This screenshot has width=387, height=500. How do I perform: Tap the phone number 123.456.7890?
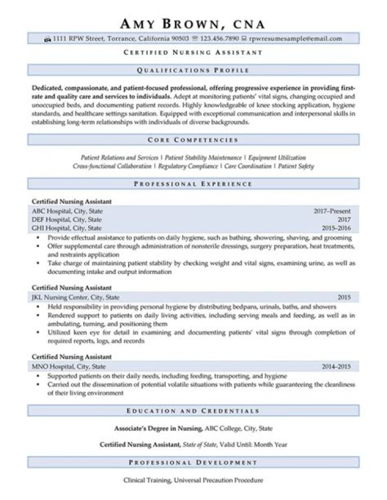[219, 39]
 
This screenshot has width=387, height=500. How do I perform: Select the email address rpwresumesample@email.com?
[295, 39]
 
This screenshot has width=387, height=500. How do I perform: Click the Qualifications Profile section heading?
[193, 70]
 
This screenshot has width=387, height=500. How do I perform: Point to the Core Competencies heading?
[193, 140]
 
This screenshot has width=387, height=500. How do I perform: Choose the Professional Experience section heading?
[193, 184]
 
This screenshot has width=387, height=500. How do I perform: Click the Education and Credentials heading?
[193, 411]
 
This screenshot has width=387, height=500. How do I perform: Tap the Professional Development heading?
[193, 462]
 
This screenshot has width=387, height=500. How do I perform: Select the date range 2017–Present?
[332, 211]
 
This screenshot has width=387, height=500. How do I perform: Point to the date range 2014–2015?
[336, 367]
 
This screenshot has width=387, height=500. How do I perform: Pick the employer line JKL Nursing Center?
[76, 298]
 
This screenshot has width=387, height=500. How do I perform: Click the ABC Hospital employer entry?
[67, 211]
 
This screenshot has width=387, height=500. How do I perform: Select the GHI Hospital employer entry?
[67, 228]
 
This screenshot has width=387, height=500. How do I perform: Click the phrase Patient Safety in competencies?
[296, 166]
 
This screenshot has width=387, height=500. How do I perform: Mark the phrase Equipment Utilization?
[277, 158]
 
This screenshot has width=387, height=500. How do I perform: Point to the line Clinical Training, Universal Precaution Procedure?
[193, 480]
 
